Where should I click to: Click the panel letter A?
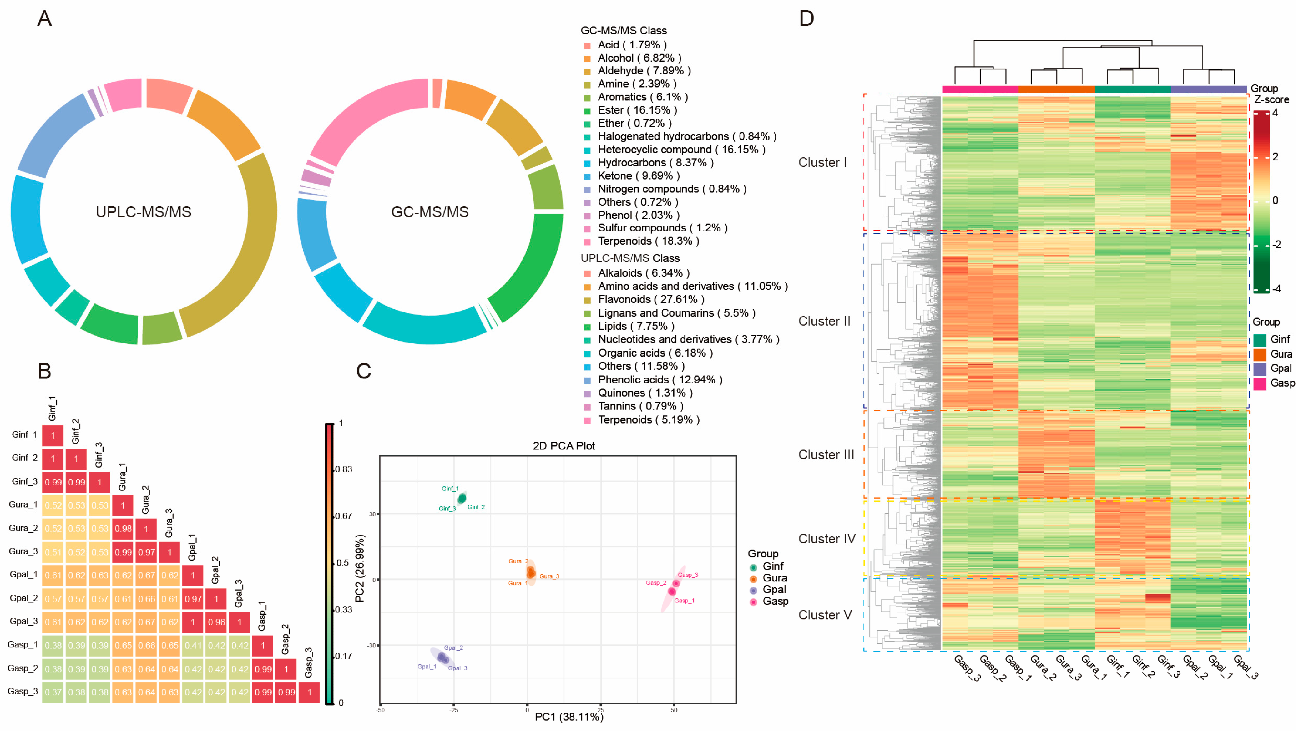point(44,19)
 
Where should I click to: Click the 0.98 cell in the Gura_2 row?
point(123,529)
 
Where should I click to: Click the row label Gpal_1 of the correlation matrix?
point(23,575)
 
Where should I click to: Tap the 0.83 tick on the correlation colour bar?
point(344,469)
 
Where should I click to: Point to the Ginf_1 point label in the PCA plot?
point(450,489)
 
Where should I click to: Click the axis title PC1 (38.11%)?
point(569,717)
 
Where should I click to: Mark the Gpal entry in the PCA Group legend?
point(774,590)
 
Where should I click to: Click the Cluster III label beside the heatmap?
point(826,454)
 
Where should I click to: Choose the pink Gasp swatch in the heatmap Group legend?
point(1260,383)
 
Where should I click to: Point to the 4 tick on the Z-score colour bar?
point(1275,113)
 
